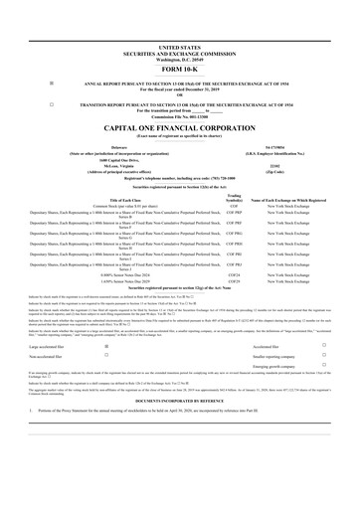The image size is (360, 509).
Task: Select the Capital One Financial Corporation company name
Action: click(179, 130)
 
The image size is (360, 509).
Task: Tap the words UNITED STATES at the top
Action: click(179, 47)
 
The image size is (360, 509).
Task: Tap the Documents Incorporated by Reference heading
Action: click(179, 429)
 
